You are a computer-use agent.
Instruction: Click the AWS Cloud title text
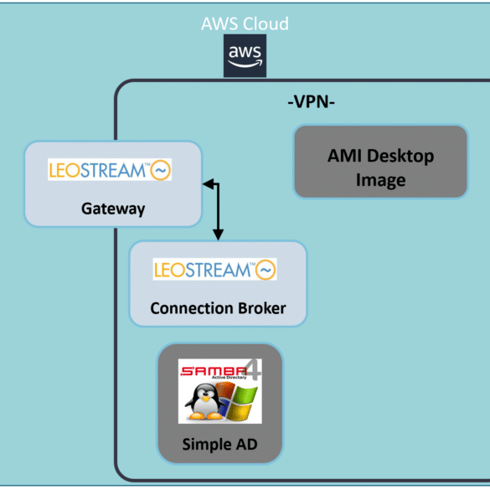coord(245,23)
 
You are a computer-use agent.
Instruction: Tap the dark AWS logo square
coord(245,55)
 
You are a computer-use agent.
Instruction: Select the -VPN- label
coord(312,101)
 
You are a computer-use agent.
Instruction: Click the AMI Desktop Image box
coord(380,162)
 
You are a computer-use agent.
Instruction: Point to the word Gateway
coord(113,209)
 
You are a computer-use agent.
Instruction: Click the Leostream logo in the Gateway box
coord(110,169)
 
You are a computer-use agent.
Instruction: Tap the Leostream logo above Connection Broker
coord(214,269)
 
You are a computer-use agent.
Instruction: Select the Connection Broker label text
coord(218,308)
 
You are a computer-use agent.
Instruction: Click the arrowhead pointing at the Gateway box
coord(208,183)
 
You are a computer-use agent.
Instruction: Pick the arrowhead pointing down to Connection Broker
coord(218,235)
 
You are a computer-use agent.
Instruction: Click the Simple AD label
coord(219,444)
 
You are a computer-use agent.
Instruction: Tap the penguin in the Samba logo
coord(204,402)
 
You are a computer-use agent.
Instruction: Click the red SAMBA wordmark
coord(214,371)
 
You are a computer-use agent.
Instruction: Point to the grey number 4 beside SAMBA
coord(254,369)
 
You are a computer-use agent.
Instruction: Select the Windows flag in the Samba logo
coord(238,401)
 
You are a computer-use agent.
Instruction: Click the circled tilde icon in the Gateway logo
coord(161,170)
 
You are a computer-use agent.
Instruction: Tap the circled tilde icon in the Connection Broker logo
coord(266,270)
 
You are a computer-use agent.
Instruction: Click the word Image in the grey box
coord(380,180)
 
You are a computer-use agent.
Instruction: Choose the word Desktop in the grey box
coord(400,156)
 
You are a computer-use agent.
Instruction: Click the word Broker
coord(262,308)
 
